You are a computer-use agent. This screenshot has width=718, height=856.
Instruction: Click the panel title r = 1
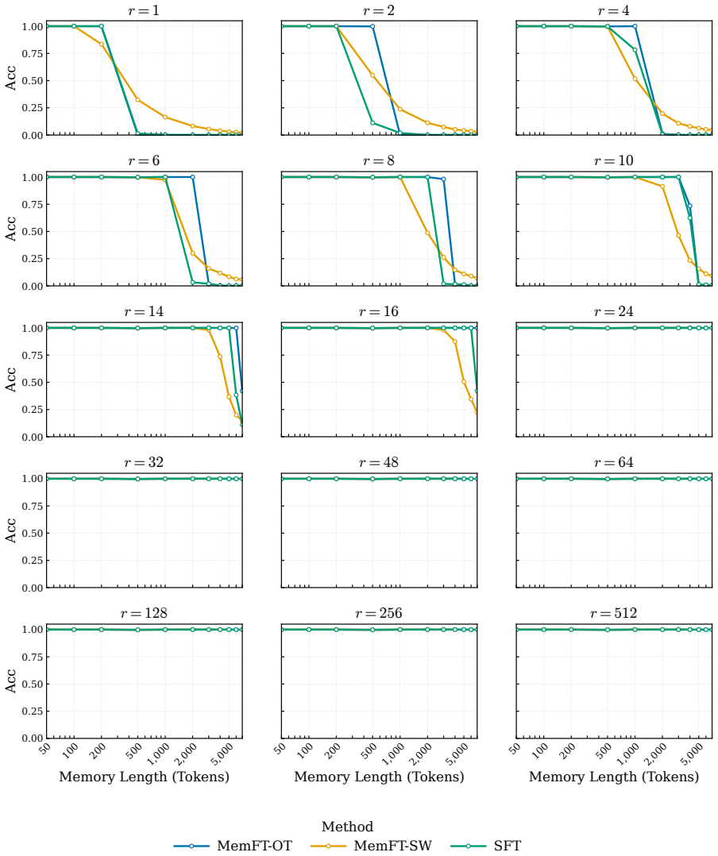(144, 10)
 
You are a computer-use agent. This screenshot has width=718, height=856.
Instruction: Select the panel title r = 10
(614, 160)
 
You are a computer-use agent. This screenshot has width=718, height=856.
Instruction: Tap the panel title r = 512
(614, 613)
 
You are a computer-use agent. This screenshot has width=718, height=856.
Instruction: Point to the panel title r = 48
(379, 462)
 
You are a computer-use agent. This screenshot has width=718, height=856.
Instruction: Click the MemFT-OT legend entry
(234, 846)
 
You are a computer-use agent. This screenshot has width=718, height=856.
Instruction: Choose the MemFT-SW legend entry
(371, 846)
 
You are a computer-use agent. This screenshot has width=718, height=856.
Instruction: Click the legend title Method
(347, 827)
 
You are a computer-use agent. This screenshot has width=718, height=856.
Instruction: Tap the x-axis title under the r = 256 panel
(379, 777)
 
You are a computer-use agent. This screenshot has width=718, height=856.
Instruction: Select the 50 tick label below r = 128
(44, 748)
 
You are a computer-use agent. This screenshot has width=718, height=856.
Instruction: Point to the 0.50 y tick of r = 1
(33, 81)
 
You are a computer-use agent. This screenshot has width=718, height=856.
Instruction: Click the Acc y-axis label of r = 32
(11, 530)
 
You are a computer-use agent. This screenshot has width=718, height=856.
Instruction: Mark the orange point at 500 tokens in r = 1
(137, 100)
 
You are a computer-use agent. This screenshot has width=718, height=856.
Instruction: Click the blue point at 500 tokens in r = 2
(373, 26)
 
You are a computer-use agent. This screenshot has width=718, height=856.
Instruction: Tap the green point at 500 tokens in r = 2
(373, 123)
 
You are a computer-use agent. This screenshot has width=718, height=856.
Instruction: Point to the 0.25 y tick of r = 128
(33, 711)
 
